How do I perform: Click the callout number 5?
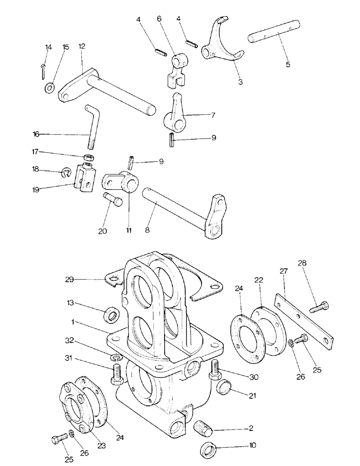(288, 65)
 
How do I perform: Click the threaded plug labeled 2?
(202, 425)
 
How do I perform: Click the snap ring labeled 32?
(117, 358)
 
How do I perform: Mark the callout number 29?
(70, 279)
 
